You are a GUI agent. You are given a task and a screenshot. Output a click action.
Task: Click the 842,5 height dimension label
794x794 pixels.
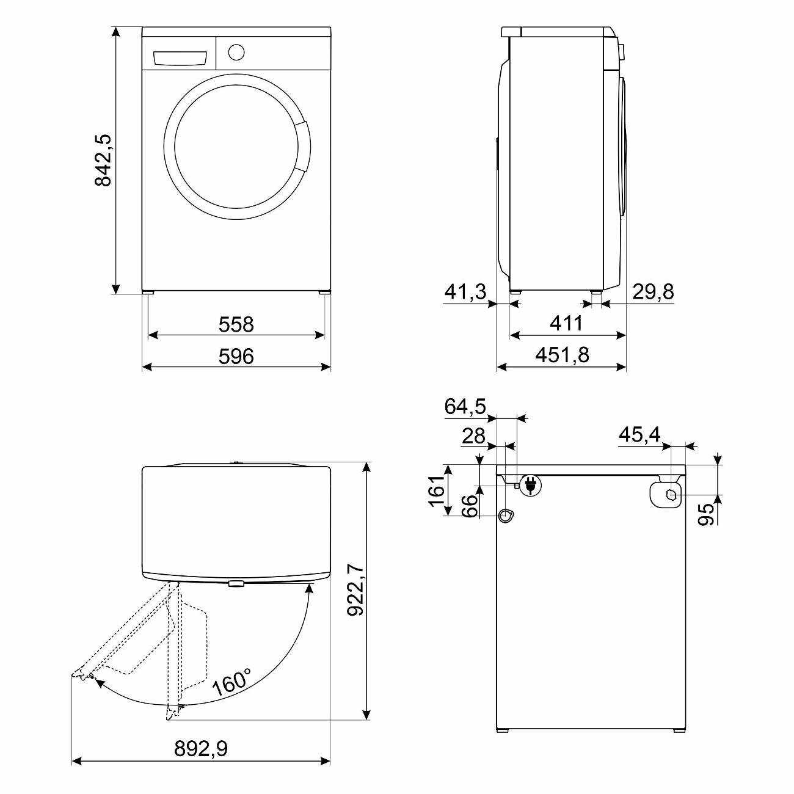coord(104,160)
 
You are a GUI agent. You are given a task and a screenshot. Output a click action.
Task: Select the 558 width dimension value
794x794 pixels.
coord(236,324)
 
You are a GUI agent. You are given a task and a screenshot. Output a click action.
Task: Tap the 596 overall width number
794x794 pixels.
coord(236,356)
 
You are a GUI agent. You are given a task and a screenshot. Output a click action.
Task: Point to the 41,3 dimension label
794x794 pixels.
coord(465,292)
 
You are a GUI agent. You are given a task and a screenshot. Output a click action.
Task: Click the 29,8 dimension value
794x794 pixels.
coord(653,292)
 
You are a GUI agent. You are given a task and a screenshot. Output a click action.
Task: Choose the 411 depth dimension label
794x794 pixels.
coord(566,323)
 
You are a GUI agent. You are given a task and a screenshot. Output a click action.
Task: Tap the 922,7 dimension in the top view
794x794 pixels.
coord(355,591)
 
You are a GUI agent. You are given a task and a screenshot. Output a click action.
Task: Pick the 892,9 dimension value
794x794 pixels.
coord(201,748)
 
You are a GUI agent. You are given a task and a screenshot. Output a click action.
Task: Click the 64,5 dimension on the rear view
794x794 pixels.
coord(465,406)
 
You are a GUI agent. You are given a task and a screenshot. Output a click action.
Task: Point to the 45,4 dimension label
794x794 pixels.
coord(639,434)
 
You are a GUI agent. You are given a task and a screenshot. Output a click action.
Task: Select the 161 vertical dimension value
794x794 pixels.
coord(437,490)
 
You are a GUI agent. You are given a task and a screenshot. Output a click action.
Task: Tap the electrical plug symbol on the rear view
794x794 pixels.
coord(531,486)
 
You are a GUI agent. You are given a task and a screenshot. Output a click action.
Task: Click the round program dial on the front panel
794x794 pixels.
coord(236,51)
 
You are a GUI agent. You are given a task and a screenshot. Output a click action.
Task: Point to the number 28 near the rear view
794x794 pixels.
coord(473,436)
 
